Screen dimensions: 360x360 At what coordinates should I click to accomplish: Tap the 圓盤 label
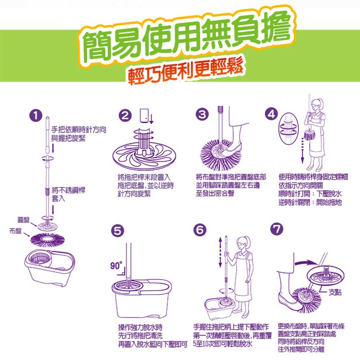[x=23, y=219]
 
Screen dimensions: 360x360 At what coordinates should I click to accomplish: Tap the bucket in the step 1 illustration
[x=48, y=266]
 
